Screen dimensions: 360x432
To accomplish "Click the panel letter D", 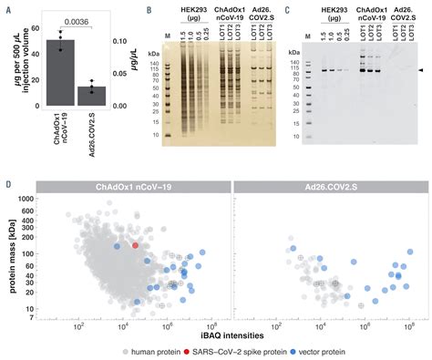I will [8, 186].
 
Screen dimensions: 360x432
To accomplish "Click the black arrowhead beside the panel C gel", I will [420, 70].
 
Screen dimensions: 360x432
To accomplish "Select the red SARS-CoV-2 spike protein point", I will [136, 245].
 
